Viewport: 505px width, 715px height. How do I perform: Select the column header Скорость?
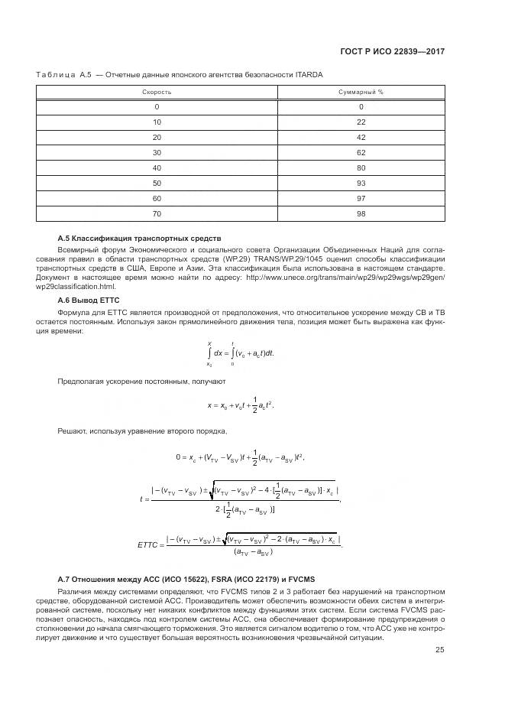coord(157,92)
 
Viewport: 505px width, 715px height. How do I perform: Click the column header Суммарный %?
coord(361,92)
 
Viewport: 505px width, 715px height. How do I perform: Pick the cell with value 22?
coord(361,122)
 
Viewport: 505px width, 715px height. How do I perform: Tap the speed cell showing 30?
coord(157,153)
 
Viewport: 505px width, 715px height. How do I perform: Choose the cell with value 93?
coord(361,184)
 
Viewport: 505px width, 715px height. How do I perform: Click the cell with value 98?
coord(361,214)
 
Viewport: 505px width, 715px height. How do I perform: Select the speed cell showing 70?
coord(157,214)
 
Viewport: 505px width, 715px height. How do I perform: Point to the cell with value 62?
coord(361,153)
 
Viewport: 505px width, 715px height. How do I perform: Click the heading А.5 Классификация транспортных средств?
coord(139,239)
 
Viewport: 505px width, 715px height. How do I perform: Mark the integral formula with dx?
coord(240,353)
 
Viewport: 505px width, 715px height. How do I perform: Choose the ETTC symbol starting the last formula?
coord(147,544)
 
